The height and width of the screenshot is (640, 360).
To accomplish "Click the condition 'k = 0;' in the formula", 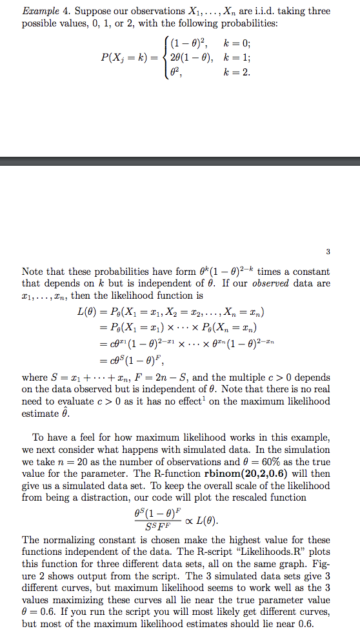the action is coord(232,44).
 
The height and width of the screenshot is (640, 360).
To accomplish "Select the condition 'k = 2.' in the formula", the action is coord(232,72).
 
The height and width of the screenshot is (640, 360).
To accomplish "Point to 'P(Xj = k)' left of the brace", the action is coord(126,57).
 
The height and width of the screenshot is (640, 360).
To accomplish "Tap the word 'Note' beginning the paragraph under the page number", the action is coord(34,272).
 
